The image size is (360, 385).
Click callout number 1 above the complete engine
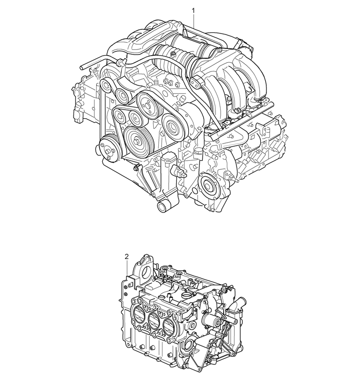click(x=193, y=10)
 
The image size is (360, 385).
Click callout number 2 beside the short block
click(x=127, y=257)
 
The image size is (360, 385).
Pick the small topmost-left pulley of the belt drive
click(x=106, y=86)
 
